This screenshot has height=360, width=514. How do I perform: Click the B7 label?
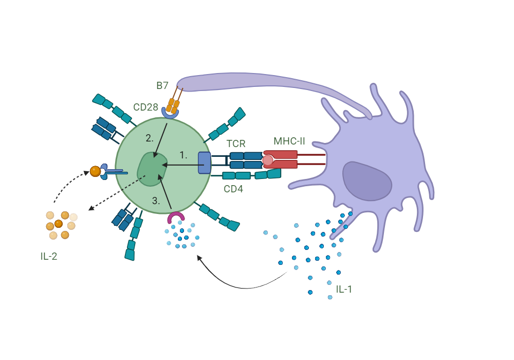coord(162,85)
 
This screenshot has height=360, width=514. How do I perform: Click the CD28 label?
coord(145,107)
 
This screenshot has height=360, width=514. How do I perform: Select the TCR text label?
coord(236,145)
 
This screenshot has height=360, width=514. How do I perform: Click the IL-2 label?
coord(49,256)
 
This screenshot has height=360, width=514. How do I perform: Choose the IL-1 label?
coord(344,289)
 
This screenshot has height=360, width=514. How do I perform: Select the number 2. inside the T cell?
coord(150,138)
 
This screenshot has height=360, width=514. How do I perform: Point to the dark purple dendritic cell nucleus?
coord(368,181)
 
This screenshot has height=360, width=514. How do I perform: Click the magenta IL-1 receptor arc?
coord(176,217)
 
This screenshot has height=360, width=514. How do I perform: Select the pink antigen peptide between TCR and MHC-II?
coord(268,160)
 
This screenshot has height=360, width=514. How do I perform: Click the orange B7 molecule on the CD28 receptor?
coord(173,105)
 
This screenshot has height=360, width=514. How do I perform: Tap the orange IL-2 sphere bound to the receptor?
coord(95,171)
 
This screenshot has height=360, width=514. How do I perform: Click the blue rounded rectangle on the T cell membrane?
coord(204,163)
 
